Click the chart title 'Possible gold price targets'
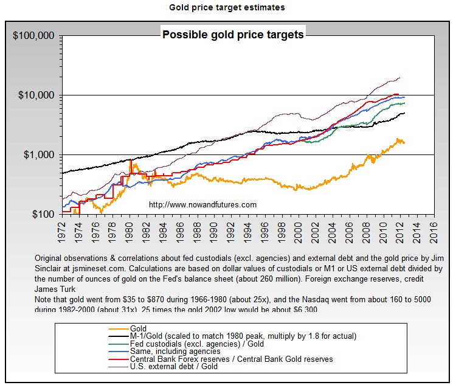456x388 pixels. point(233,35)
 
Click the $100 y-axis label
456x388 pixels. point(42,214)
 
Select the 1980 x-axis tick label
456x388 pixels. point(129,229)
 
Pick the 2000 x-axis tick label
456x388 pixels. point(298,229)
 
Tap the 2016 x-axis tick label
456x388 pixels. point(434,229)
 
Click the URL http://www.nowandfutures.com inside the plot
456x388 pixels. point(202,204)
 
